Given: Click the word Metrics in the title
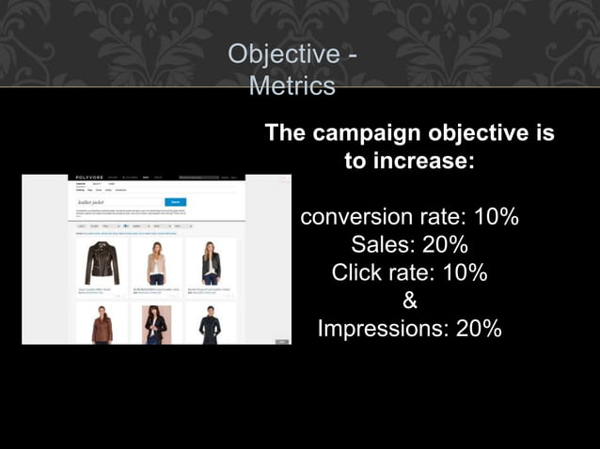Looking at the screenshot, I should click(292, 86).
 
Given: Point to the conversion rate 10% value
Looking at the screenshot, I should click(496, 217).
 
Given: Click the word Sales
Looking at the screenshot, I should click(382, 245).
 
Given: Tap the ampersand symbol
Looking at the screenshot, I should click(410, 302).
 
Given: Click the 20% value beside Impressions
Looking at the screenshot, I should click(479, 330).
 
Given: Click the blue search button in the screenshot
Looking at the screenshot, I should click(175, 202).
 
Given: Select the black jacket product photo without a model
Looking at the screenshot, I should click(103, 262).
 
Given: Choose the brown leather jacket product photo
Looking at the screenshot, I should click(103, 325).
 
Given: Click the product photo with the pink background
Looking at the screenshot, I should click(156, 325).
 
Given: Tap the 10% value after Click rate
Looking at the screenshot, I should click(466, 273).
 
